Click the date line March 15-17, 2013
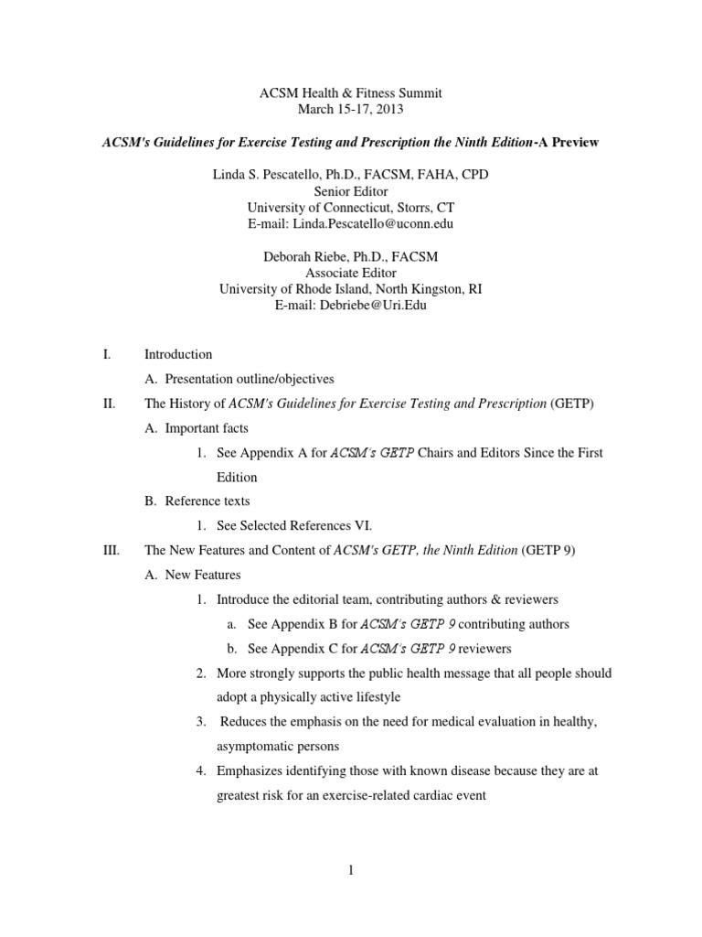click(351, 110)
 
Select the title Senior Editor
click(351, 190)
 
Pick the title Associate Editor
click(351, 273)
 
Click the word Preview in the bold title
click(574, 144)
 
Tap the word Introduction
click(178, 354)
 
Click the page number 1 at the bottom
click(350, 869)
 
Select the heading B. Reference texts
click(197, 501)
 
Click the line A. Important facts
click(197, 428)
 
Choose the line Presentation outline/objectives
click(250, 379)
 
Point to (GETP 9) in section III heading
click(548, 551)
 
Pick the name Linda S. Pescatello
click(272, 174)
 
